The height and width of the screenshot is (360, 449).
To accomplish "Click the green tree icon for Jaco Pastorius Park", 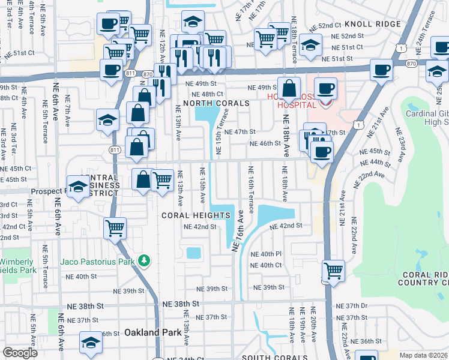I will pos(143,260).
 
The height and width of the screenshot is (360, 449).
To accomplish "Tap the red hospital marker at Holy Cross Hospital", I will pos(325,103).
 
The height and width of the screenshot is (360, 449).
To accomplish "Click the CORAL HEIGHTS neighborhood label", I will pos(188,215).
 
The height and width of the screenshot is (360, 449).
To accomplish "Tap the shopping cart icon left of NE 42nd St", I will pos(115,227).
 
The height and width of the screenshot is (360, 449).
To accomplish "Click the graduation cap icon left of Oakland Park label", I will pos(90,343).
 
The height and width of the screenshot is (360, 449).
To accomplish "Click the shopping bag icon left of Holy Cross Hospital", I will pos(289,88).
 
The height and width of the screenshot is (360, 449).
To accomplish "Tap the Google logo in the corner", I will pos(20,353).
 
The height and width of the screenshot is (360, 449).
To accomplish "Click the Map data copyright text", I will pos(424,355).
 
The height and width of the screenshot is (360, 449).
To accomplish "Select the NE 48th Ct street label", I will pos(207,94).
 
